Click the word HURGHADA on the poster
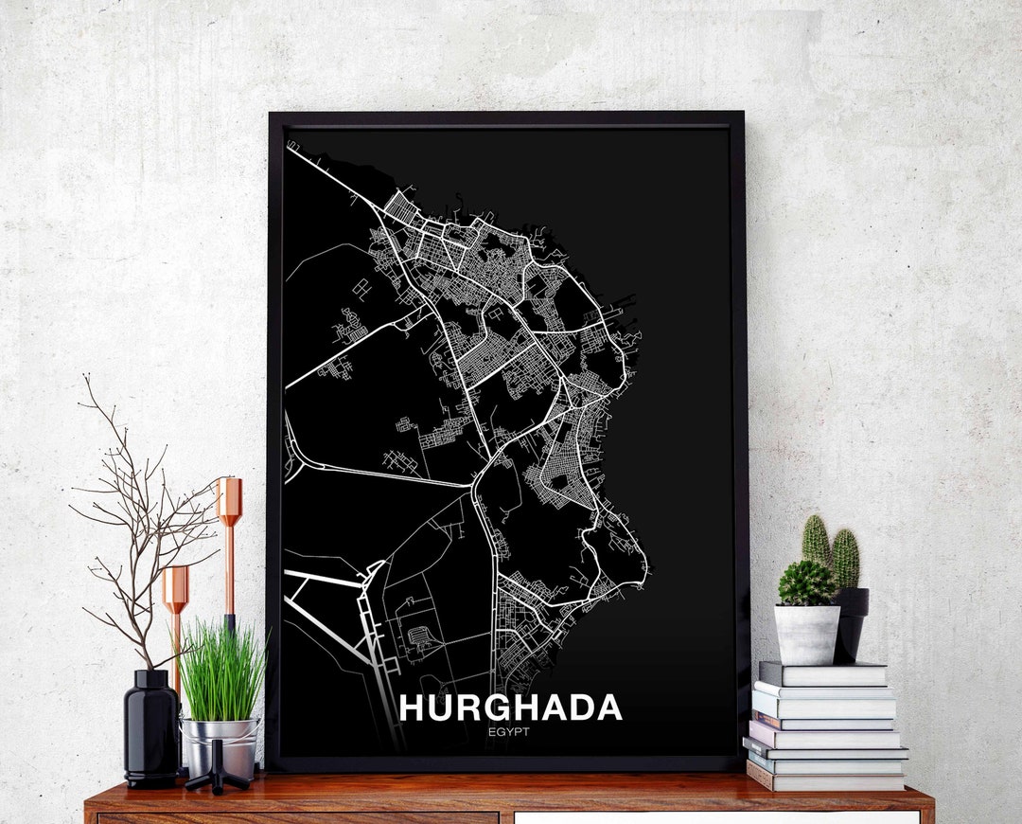pyautogui.click(x=510, y=708)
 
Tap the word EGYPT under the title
pyautogui.click(x=510, y=731)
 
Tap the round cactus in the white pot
pyautogui.click(x=806, y=583)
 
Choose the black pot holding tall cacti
pyautogui.click(x=852, y=620)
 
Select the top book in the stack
pyautogui.click(x=823, y=673)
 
